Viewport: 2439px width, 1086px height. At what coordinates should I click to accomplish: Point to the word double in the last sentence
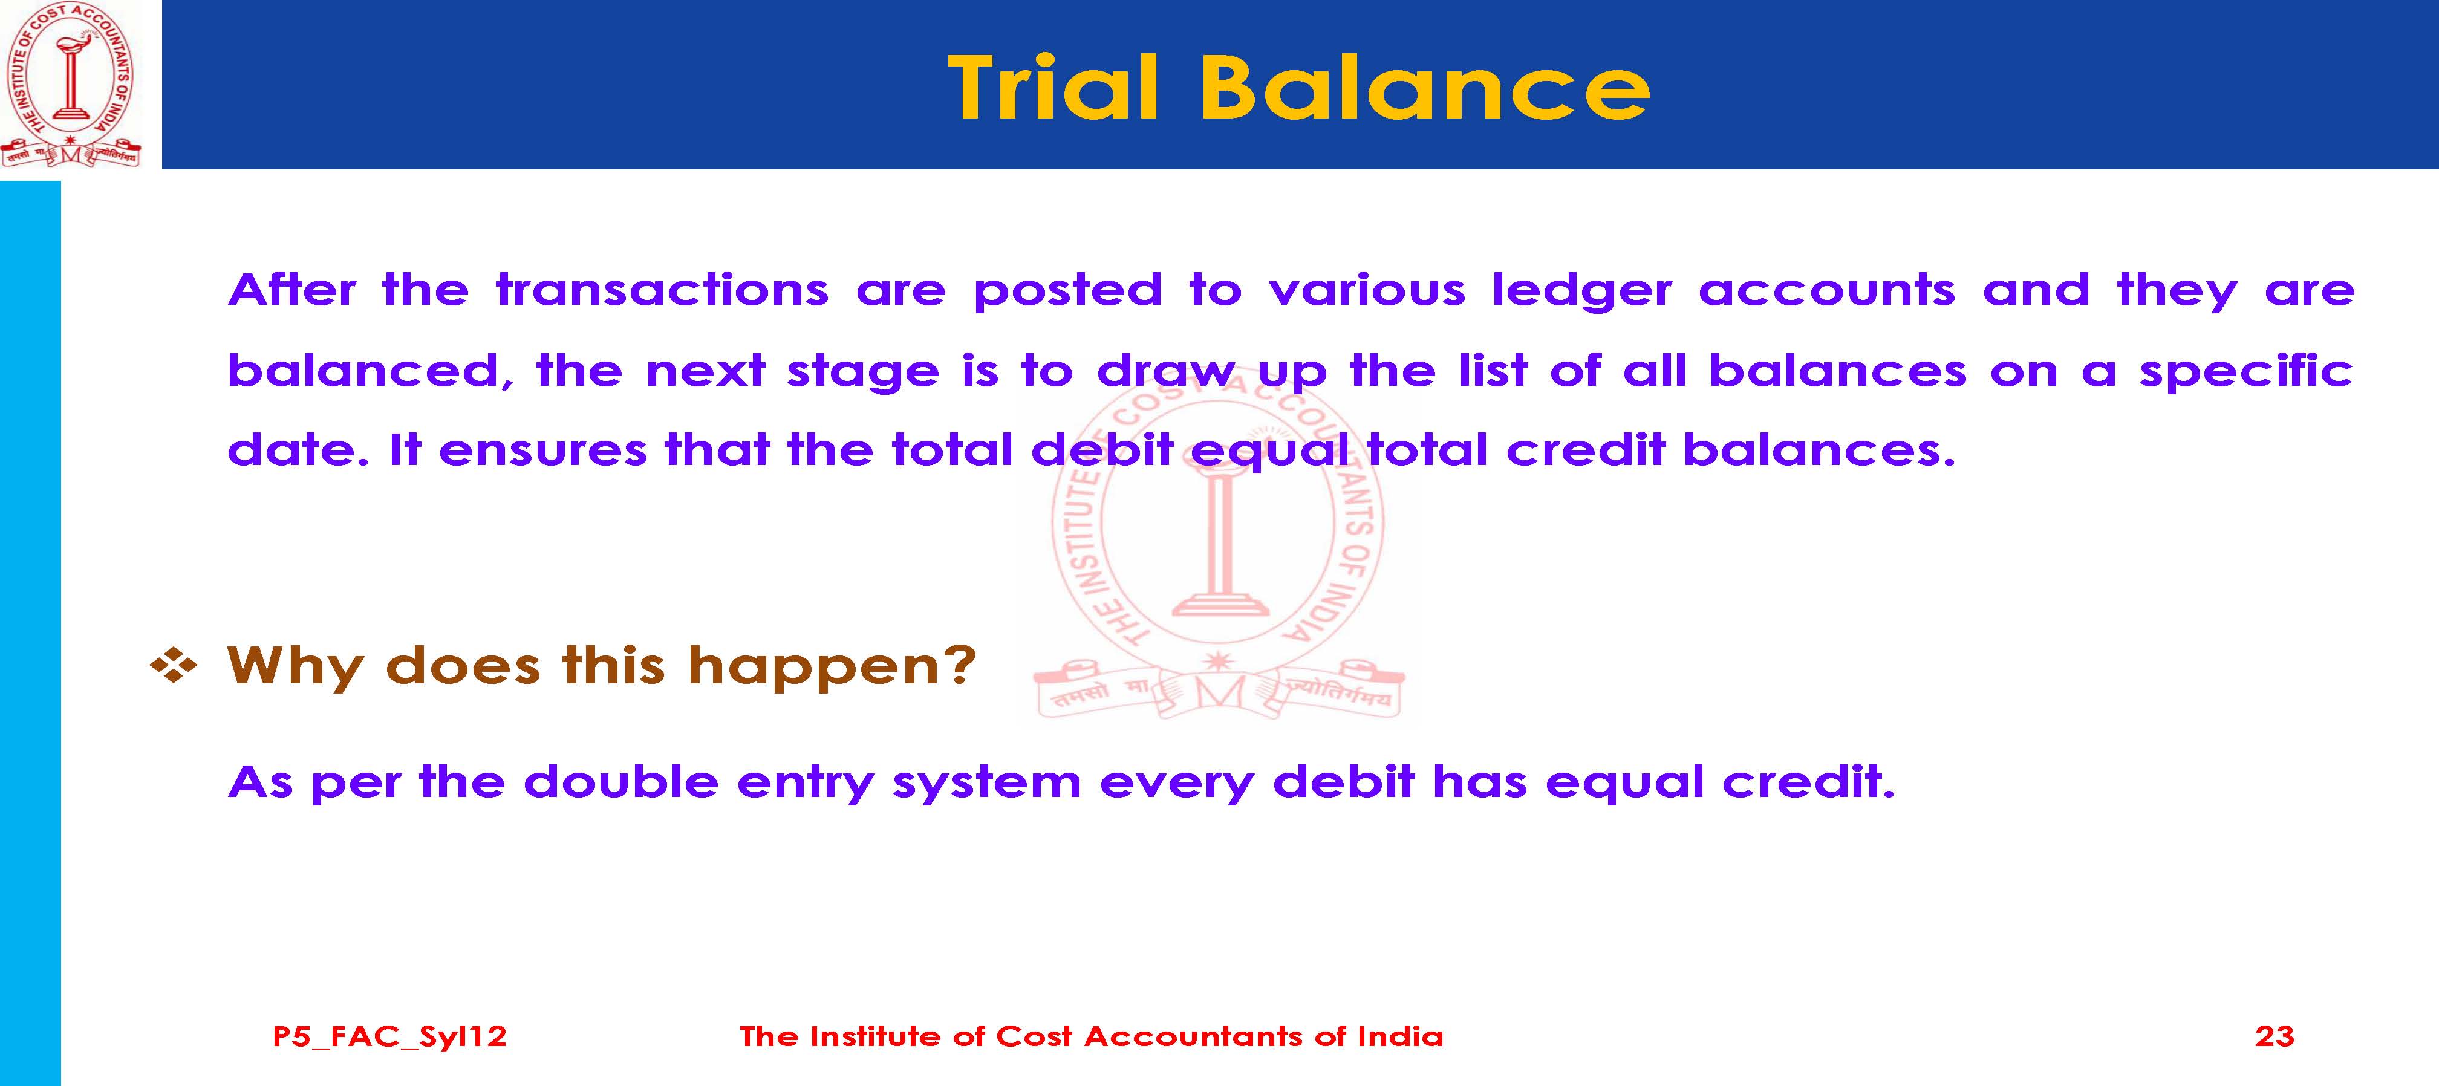click(620, 781)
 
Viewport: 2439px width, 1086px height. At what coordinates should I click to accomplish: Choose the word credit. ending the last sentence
click(1808, 781)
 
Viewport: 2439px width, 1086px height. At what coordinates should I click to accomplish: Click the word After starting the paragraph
click(291, 290)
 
